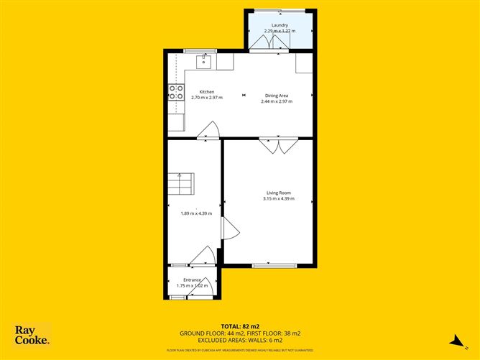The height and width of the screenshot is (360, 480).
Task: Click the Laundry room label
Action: pyautogui.click(x=280, y=25)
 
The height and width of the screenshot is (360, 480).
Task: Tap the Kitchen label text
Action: pyautogui.click(x=207, y=92)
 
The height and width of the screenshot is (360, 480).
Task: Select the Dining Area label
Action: pyautogui.click(x=277, y=96)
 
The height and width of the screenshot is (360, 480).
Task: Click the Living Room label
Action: pyautogui.click(x=278, y=193)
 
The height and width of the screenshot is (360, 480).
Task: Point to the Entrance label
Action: pyautogui.click(x=192, y=280)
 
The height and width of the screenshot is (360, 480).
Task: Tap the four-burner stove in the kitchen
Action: pyautogui.click(x=175, y=92)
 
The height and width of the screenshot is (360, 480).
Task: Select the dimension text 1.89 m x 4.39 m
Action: pyautogui.click(x=196, y=213)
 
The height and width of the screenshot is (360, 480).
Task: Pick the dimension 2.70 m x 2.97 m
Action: pyautogui.click(x=207, y=98)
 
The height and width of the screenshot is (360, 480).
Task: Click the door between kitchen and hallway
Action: pyautogui.click(x=208, y=130)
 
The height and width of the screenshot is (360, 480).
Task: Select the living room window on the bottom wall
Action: pyautogui.click(x=274, y=266)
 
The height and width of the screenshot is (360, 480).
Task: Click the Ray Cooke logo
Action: pyautogui.click(x=32, y=335)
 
